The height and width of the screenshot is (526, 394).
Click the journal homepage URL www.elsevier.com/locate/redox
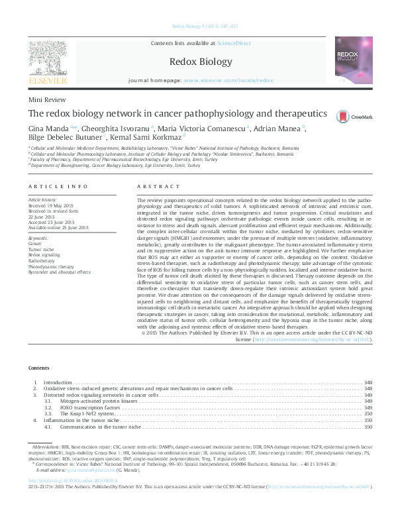coord(228,79)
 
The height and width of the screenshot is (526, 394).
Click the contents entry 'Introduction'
coord(57,382)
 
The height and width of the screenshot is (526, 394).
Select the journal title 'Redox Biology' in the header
coord(197,61)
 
